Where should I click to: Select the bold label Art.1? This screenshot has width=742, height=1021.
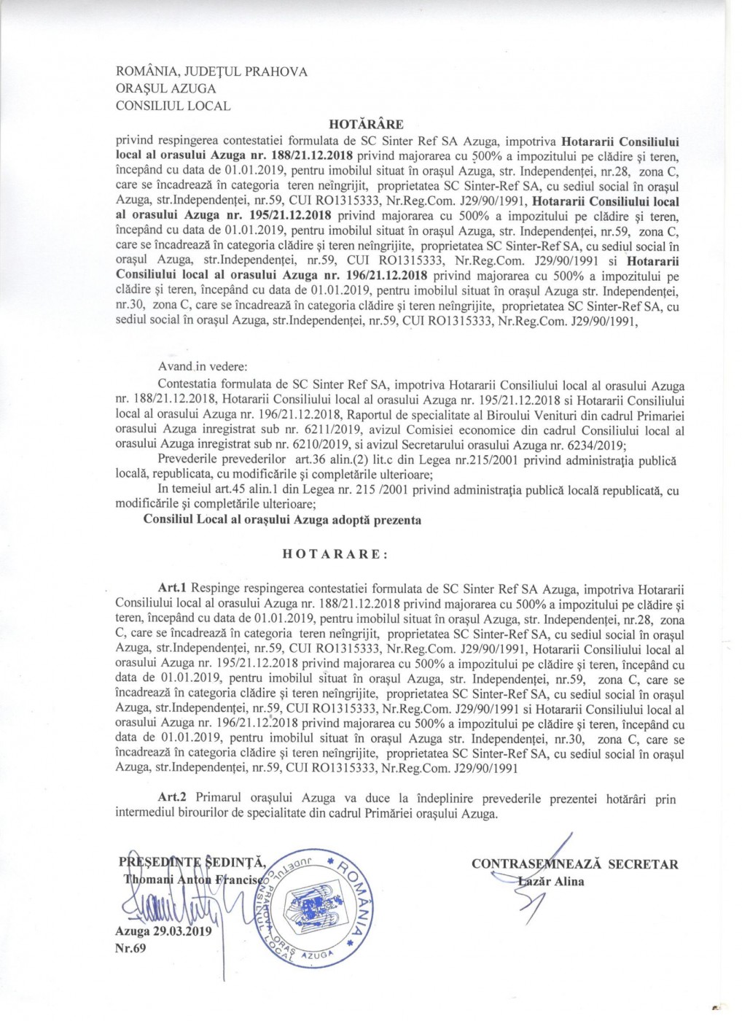click(x=173, y=587)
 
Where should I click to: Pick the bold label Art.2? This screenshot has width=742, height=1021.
click(x=173, y=799)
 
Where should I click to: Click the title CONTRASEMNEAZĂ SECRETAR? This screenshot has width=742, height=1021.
click(x=574, y=864)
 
